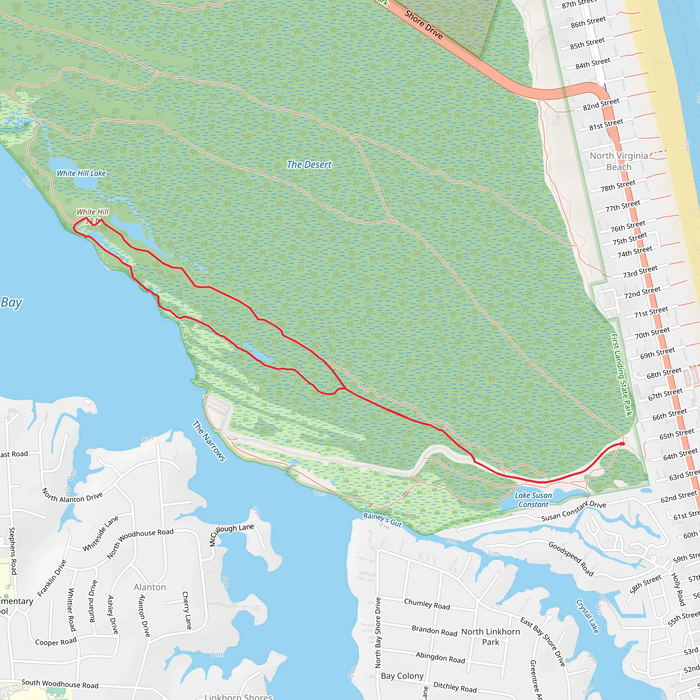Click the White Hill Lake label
pyautogui.click(x=81, y=173)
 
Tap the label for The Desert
pyautogui.click(x=309, y=165)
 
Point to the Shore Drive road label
pyautogui.click(x=423, y=25)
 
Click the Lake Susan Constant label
pyautogui.click(x=533, y=500)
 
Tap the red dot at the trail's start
pyautogui.click(x=622, y=443)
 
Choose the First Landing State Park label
pyautogui.click(x=621, y=375)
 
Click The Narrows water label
pyautogui.click(x=209, y=441)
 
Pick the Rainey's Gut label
pyautogui.click(x=382, y=520)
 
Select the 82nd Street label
pyautogui.click(x=601, y=104)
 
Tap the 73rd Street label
pyautogui.click(x=640, y=272)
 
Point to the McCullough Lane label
pyautogui.click(x=231, y=535)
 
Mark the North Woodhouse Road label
pyautogui.click(x=140, y=543)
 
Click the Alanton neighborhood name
pyautogui.click(x=150, y=587)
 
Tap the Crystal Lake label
pyautogui.click(x=587, y=616)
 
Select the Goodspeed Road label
pyautogui.click(x=571, y=559)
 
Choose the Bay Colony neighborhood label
pyautogui.click(x=402, y=676)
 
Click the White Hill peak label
pyautogui.click(x=92, y=212)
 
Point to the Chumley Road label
pyautogui.click(x=427, y=604)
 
